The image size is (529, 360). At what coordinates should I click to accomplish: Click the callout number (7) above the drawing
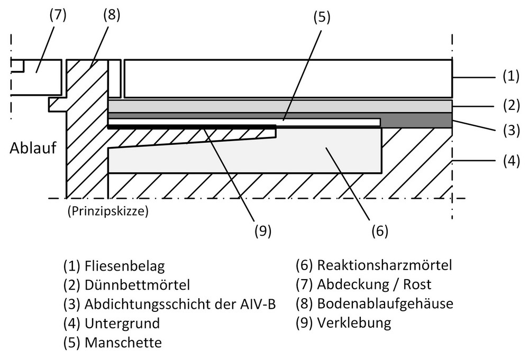tap(58, 15)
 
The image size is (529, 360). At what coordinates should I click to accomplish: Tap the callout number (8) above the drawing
tap(112, 15)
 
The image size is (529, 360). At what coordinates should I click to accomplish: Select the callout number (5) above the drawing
tap(322, 17)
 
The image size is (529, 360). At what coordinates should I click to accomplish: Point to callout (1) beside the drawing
tap(511, 77)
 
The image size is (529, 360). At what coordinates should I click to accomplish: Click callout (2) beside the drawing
tap(511, 106)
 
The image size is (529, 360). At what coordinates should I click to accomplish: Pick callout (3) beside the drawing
tap(511, 131)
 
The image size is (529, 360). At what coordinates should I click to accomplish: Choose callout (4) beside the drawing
tap(511, 161)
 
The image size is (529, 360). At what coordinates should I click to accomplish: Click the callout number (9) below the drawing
tap(263, 231)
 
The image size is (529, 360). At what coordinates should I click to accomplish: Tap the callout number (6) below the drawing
tap(380, 231)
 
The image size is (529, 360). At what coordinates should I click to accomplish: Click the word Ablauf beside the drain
tap(33, 148)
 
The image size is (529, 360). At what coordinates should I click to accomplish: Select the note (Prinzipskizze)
tap(107, 211)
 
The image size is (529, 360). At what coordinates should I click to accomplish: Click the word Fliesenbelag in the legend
tap(125, 266)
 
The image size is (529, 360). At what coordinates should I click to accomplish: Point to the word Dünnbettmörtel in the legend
tap(138, 285)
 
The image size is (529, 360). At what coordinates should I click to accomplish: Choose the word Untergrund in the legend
tap(122, 324)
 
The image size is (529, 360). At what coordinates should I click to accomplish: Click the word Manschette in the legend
tap(123, 343)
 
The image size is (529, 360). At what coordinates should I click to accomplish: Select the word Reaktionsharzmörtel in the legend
tap(384, 265)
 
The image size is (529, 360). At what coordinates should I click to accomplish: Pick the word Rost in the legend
tap(417, 284)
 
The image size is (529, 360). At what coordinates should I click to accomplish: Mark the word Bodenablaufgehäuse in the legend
tap(385, 304)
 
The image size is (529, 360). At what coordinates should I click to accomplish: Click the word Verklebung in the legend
tap(354, 323)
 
